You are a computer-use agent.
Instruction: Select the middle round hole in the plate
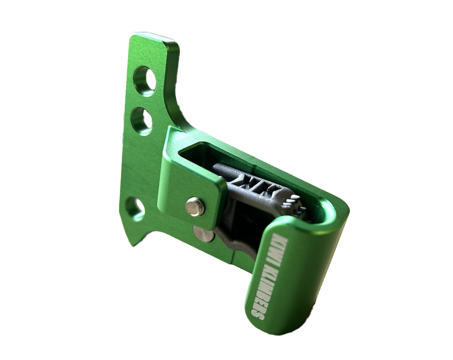[142, 121]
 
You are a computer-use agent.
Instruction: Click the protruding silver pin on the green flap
[195, 206]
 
